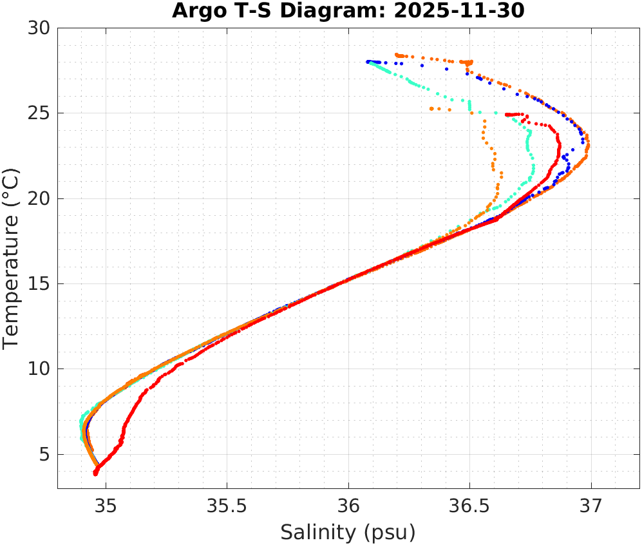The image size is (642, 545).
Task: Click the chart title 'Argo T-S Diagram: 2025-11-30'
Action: coord(348,11)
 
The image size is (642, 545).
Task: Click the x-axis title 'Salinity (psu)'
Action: coord(348,532)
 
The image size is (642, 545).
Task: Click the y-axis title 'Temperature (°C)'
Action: coord(12,258)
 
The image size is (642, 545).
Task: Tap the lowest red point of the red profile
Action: coord(95,474)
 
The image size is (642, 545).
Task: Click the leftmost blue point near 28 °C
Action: coord(368,62)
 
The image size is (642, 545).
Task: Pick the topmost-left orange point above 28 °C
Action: coord(397,55)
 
